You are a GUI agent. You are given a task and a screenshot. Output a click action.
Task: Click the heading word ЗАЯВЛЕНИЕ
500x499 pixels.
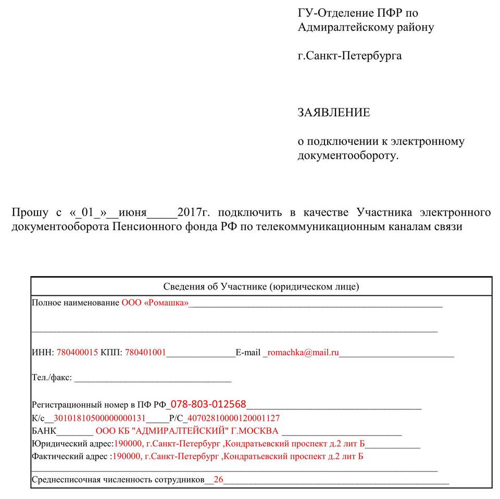click(333, 113)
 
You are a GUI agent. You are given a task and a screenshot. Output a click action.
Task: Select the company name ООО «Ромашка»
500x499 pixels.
click(155, 303)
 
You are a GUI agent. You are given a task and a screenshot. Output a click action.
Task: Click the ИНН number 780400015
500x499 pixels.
click(77, 353)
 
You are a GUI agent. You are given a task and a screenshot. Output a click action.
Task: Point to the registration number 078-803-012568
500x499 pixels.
click(208, 404)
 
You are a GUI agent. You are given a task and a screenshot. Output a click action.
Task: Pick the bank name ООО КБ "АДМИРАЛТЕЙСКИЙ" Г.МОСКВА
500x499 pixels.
click(186, 431)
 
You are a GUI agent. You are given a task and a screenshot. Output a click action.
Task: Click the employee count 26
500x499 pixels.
click(218, 480)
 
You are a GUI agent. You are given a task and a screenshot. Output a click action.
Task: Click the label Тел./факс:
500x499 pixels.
click(52, 378)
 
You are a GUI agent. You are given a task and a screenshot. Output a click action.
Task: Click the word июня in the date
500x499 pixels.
click(132, 213)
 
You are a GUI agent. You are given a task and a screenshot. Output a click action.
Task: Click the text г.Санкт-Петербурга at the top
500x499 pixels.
click(349, 55)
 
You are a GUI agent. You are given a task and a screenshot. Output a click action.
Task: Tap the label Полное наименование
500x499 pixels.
click(76, 303)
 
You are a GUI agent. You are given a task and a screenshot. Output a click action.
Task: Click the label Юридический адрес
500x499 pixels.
click(72, 444)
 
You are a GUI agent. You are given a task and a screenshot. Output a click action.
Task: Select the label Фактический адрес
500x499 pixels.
click(71, 457)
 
